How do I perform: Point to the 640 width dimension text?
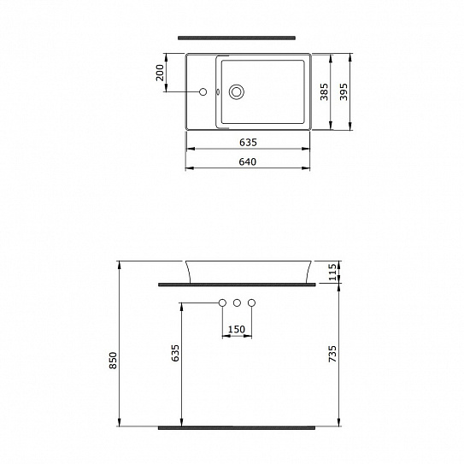[248, 162]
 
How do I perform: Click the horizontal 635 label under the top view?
[248, 142]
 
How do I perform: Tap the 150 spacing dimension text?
[237, 329]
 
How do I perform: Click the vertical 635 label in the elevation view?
[175, 353]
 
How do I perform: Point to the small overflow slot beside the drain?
[219, 91]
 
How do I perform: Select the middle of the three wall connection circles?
[237, 302]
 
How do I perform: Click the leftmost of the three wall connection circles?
[221, 302]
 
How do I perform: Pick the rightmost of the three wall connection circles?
[252, 302]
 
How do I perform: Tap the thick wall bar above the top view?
[237, 38]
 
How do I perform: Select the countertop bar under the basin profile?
[237, 281]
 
